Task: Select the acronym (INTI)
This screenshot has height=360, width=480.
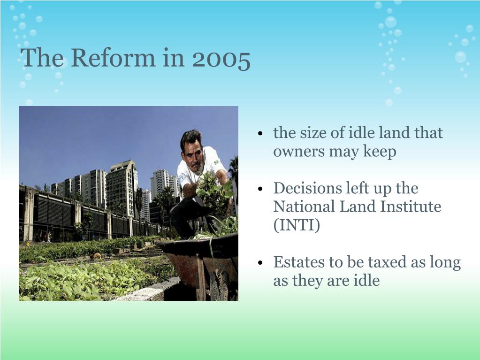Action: tap(297, 225)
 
